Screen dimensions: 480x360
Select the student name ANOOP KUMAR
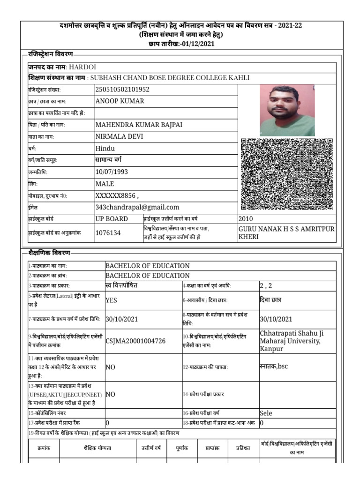click(120, 101)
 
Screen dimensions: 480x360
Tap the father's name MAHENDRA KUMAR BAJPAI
click(138, 125)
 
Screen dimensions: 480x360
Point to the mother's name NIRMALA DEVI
click(119, 136)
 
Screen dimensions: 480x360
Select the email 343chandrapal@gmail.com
click(137, 207)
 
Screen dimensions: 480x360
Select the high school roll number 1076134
click(108, 232)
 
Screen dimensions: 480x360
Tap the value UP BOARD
click(112, 219)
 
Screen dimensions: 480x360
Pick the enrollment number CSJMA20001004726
click(135, 341)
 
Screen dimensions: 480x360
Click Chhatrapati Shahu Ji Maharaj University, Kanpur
click(291, 341)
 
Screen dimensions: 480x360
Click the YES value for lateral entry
click(112, 300)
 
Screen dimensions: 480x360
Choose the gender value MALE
click(105, 184)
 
